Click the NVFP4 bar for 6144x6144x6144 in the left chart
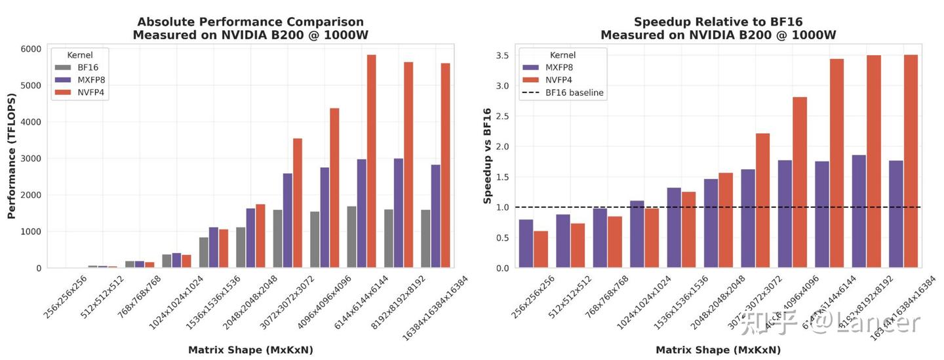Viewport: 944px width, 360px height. tap(371, 161)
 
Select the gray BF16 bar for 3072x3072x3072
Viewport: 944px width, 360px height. tap(278, 239)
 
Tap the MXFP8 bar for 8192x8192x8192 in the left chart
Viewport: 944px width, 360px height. tap(399, 213)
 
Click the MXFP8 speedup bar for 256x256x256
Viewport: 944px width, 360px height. tap(526, 243)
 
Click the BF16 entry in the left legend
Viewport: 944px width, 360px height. tap(88, 67)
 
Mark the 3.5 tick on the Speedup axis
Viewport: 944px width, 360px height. tap(503, 56)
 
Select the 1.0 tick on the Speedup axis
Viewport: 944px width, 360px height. tap(503, 207)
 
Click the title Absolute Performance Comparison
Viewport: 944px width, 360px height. tap(248, 22)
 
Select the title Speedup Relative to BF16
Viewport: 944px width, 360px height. tap(718, 22)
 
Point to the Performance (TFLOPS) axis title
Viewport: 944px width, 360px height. tap(11, 157)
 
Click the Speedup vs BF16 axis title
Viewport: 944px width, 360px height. tap(487, 157)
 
